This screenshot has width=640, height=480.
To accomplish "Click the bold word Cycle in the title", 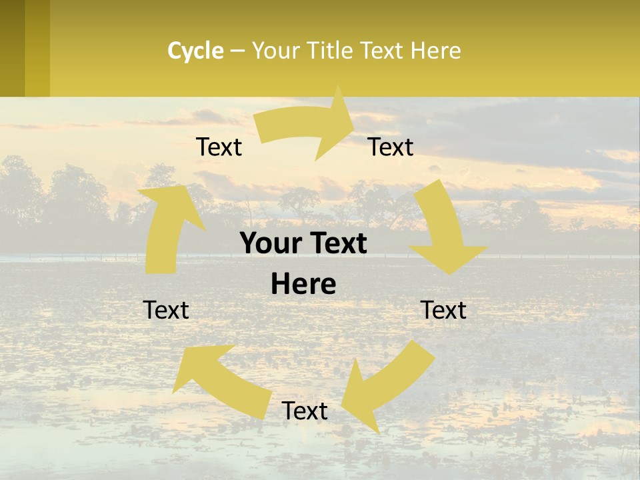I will (x=195, y=51).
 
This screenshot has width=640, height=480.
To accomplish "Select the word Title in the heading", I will (x=330, y=51).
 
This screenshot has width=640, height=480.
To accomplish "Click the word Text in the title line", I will (x=383, y=51).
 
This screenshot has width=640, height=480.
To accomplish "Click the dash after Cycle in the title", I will (x=238, y=51).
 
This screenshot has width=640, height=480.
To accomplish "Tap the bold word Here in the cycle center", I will (x=303, y=285).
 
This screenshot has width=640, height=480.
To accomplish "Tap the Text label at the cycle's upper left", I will (x=219, y=147).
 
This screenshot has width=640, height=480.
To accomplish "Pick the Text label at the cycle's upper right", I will (x=391, y=147).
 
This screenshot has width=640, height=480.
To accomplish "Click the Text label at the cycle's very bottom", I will (x=305, y=411).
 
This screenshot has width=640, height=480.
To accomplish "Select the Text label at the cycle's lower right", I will (x=443, y=311).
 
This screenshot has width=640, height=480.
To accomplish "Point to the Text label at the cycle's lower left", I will (x=166, y=311).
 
